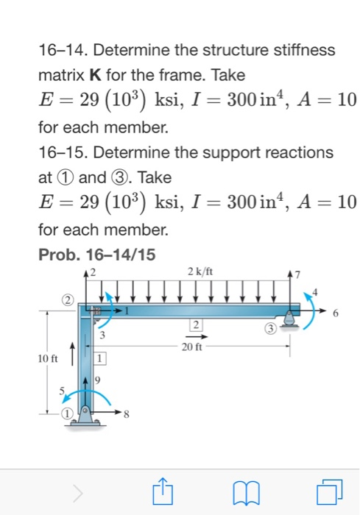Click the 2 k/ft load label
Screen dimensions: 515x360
(x=195, y=271)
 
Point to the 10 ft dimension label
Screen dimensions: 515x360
(x=48, y=358)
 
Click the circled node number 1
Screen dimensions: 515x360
(x=66, y=414)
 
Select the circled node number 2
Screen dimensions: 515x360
(x=66, y=299)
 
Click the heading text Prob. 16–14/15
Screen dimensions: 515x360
(x=96, y=255)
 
